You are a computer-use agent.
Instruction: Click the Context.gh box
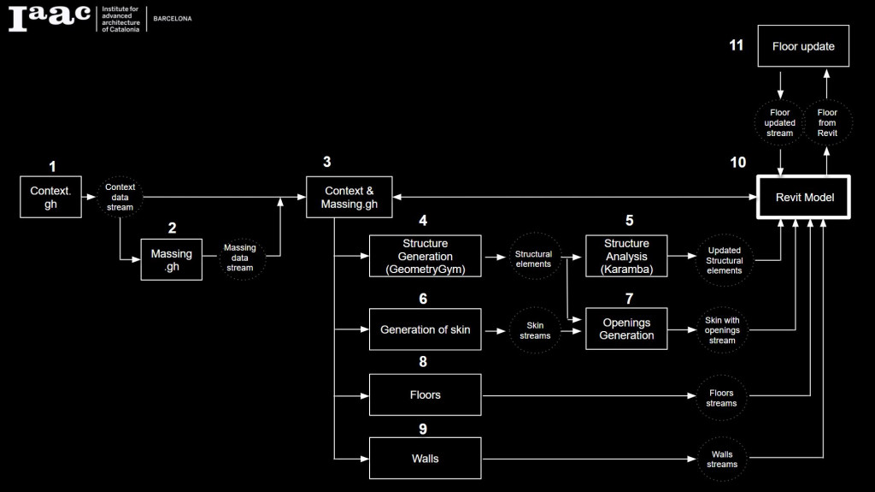50,198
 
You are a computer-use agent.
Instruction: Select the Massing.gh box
172,259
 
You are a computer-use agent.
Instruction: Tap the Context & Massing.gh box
349,198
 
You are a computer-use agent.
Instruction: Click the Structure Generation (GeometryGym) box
425,256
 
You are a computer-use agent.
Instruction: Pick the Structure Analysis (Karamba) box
626,256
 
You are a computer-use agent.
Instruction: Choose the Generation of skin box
425,329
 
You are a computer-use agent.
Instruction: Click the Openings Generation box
626,329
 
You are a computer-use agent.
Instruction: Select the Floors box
425,395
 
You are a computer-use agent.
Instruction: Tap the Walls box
425,459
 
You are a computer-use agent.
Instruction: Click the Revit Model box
804,198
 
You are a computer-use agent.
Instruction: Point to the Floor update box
803,46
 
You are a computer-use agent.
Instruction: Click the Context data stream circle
120,198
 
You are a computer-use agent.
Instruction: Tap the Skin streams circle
533,330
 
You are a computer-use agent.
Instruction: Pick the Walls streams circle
721,459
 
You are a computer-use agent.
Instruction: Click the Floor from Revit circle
827,122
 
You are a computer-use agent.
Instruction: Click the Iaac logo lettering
49,18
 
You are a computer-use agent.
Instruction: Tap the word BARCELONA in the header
173,18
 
